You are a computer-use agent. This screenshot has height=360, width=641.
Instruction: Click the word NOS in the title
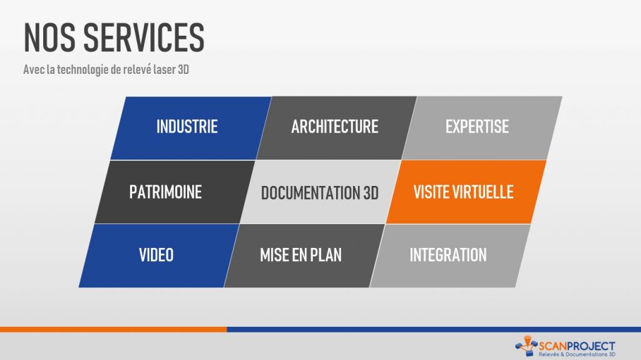coord(49,37)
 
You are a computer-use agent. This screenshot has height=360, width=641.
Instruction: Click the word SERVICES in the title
coord(144,37)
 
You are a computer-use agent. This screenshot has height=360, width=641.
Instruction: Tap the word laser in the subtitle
coord(165,69)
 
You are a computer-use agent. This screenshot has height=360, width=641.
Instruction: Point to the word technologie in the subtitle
coord(83,70)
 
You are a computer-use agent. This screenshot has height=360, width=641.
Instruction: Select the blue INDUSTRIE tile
coord(191,128)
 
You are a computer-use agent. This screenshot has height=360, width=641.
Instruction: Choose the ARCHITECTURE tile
coord(336,128)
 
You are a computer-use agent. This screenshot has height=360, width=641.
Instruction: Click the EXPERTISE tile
coord(482,128)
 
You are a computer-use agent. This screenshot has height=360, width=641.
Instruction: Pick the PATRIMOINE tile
coord(175,192)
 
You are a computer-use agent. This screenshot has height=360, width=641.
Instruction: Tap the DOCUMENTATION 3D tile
coord(320,192)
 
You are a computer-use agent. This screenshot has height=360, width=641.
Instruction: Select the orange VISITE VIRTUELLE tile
coord(466,192)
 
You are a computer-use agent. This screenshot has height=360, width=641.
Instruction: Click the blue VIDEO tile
coord(158,255)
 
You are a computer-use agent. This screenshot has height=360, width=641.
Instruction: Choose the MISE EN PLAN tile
coord(304,255)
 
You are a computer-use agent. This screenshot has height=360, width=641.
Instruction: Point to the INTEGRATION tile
coord(450,255)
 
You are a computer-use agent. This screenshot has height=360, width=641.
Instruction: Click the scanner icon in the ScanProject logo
coord(526,346)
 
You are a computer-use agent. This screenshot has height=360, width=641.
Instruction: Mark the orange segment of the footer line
coord(113,329)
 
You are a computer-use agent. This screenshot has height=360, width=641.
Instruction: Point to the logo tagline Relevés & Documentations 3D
coord(577,354)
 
